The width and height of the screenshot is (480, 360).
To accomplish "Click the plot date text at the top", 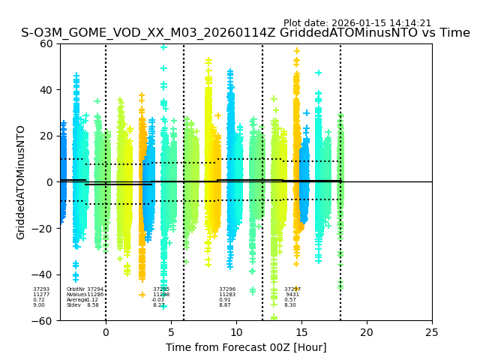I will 357,23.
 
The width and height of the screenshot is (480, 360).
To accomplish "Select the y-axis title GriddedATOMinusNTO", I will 21,182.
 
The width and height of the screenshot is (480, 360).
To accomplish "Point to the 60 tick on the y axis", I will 46,43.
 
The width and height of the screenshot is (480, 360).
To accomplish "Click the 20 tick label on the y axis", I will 46,136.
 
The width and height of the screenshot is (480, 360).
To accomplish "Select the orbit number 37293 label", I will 41,289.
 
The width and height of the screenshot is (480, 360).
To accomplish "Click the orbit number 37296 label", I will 227,289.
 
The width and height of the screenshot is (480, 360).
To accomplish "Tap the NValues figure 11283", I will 227,295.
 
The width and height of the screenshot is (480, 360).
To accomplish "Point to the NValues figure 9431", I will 292,295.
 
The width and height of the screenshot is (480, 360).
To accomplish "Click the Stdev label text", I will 73,305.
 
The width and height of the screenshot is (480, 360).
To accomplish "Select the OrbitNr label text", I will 76,289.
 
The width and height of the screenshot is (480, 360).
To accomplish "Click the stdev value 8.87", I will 225,305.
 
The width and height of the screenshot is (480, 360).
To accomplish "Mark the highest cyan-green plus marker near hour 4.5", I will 163,47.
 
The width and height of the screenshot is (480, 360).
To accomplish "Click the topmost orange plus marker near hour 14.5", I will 296,51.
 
